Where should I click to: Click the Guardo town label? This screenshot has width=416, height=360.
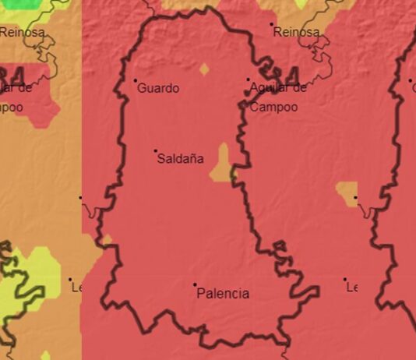pyautogui.click(x=158, y=89)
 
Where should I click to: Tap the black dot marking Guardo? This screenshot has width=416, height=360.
pyautogui.click(x=136, y=80)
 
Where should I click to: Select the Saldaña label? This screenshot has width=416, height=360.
pyautogui.click(x=181, y=159)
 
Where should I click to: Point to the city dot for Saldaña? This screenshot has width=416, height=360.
pyautogui.click(x=155, y=151)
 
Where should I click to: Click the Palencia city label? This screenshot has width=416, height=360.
pyautogui.click(x=224, y=294)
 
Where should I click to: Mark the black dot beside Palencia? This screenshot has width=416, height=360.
pyautogui.click(x=195, y=285)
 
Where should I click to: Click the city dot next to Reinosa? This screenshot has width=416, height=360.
pyautogui.click(x=272, y=24)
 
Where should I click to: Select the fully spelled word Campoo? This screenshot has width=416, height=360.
pyautogui.click(x=274, y=107)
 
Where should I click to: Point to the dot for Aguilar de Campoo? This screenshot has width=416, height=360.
pyautogui.click(x=249, y=79)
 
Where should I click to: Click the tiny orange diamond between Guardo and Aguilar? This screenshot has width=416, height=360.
pyautogui.click(x=204, y=69)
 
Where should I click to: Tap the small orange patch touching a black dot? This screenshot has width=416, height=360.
pyautogui.click(x=347, y=192)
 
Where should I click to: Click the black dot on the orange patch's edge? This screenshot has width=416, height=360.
pyautogui.click(x=356, y=198)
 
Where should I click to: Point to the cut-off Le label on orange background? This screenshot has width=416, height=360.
pyautogui.click(x=76, y=288)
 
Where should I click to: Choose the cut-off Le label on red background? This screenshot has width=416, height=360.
pyautogui.click(x=351, y=288)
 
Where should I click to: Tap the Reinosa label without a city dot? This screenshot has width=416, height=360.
pyautogui.click(x=22, y=33)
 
